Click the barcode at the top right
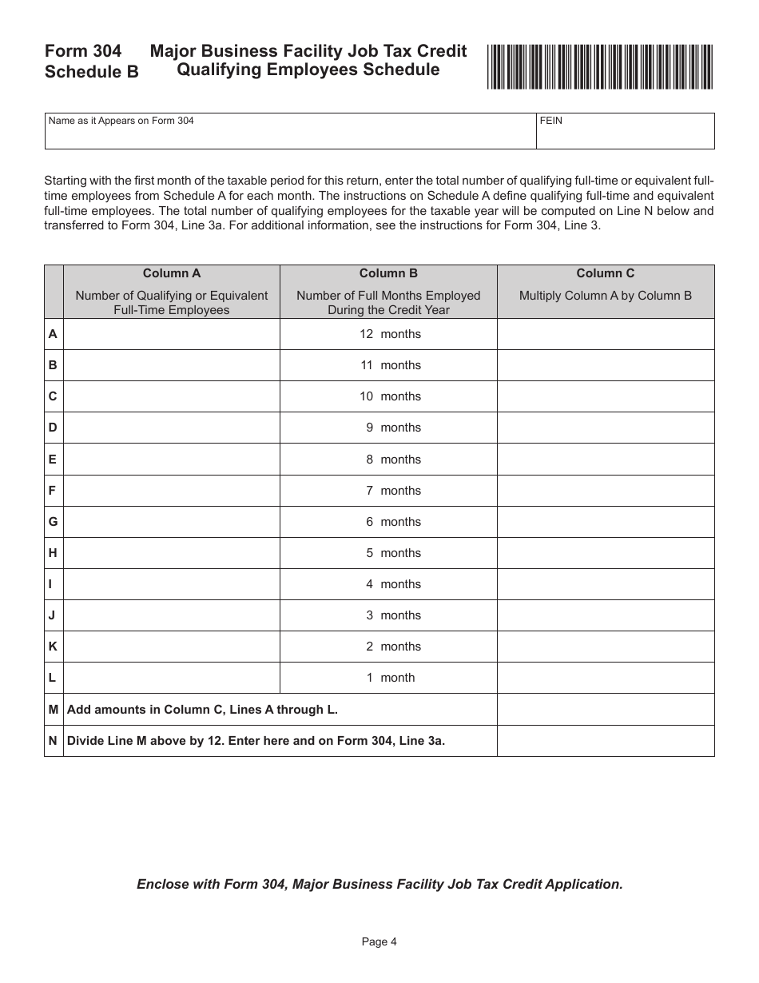(x=599, y=67)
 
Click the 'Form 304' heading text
(x=83, y=51)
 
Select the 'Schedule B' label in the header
(x=91, y=72)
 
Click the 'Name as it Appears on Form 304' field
(x=290, y=134)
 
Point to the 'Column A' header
(x=172, y=273)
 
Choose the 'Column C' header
(x=606, y=273)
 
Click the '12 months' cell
(x=389, y=334)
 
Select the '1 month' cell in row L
(x=389, y=678)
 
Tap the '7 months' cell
(x=389, y=491)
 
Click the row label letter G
(x=53, y=522)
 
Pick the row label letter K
(x=53, y=647)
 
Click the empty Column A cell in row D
(x=172, y=428)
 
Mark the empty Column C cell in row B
(x=606, y=365)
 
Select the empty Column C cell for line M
(x=606, y=709)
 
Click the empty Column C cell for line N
(x=606, y=741)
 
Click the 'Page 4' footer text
(x=379, y=941)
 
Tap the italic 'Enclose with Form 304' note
(x=379, y=884)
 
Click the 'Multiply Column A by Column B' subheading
(x=606, y=296)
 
